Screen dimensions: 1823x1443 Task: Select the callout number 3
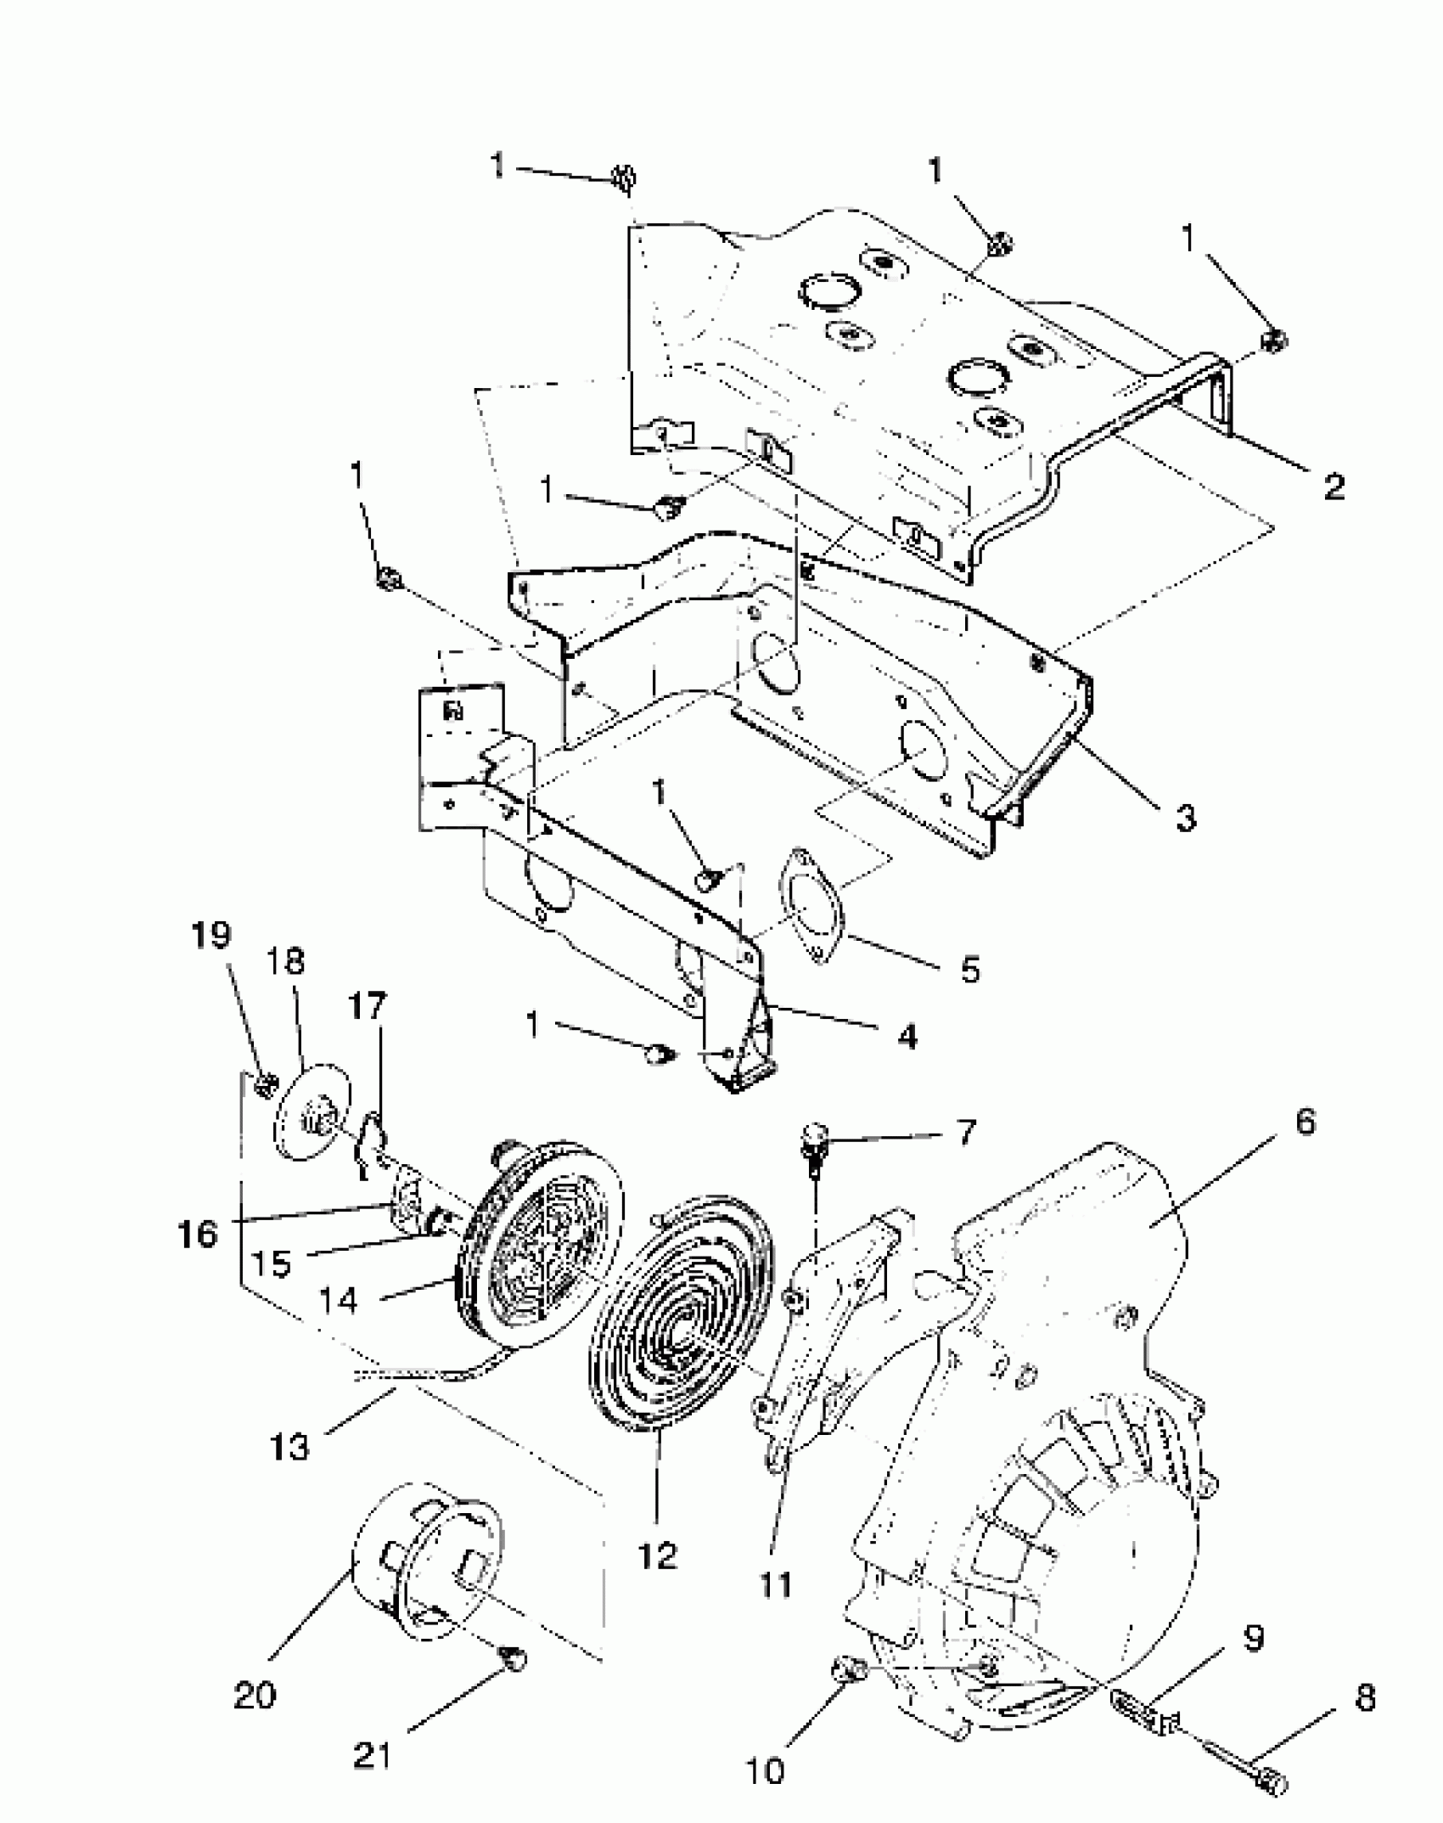[x=1186, y=817]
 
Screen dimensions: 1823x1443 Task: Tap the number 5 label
[x=970, y=969]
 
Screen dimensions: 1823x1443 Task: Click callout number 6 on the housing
[x=1305, y=1122]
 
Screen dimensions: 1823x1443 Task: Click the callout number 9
[x=1254, y=1638]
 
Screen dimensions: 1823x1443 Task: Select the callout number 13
[x=289, y=1446]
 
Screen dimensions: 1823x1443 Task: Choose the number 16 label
[x=198, y=1233]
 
